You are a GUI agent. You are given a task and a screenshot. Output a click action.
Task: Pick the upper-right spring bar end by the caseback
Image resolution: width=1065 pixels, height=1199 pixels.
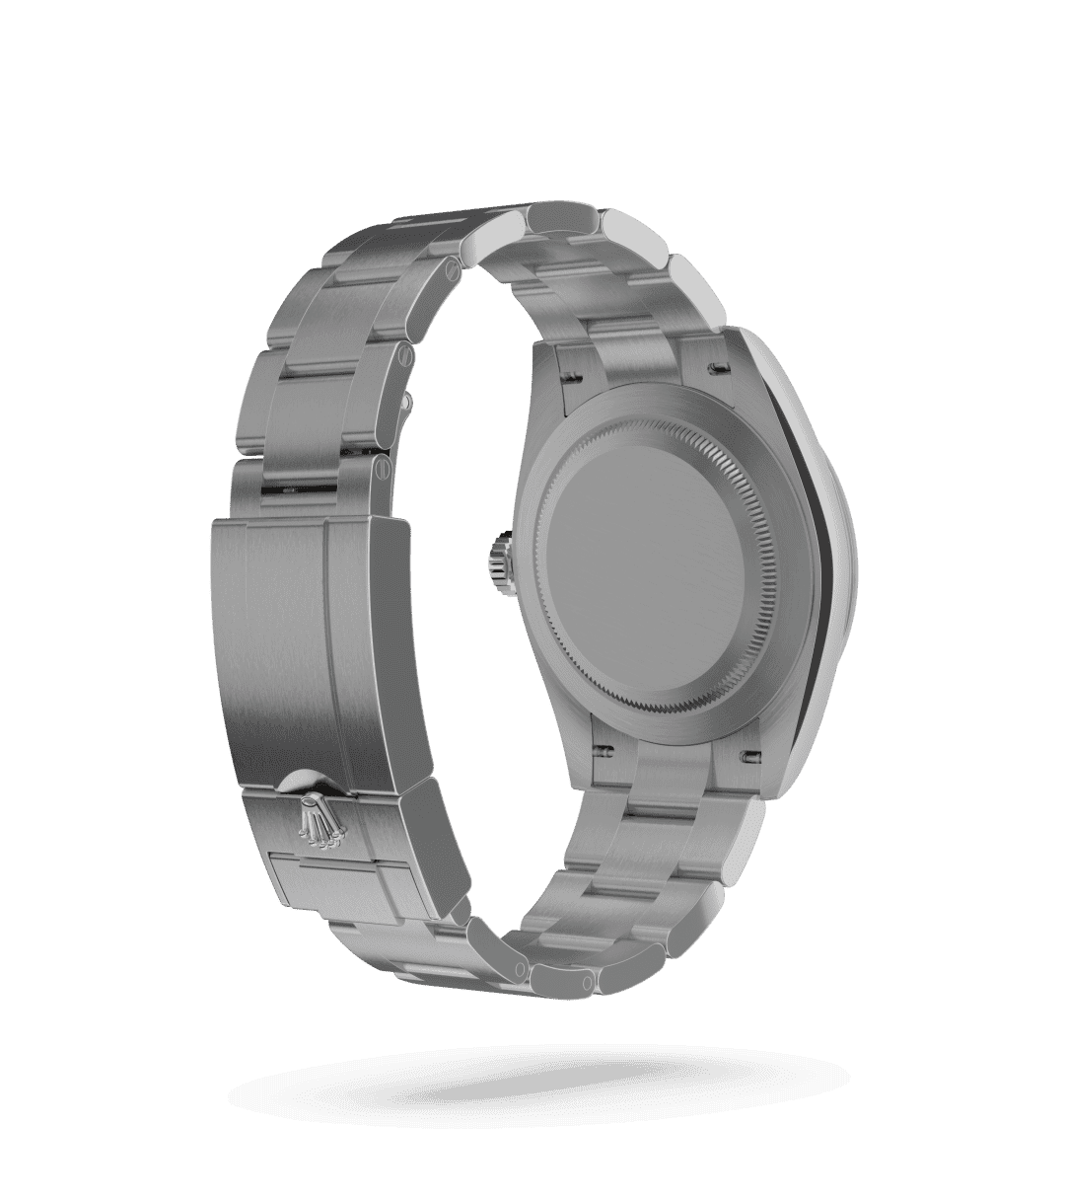717,368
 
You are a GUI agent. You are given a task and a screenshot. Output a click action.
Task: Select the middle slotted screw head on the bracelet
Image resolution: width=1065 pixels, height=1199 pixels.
406,357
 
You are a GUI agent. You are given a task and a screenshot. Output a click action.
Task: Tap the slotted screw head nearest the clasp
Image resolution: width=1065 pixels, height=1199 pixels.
379,472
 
